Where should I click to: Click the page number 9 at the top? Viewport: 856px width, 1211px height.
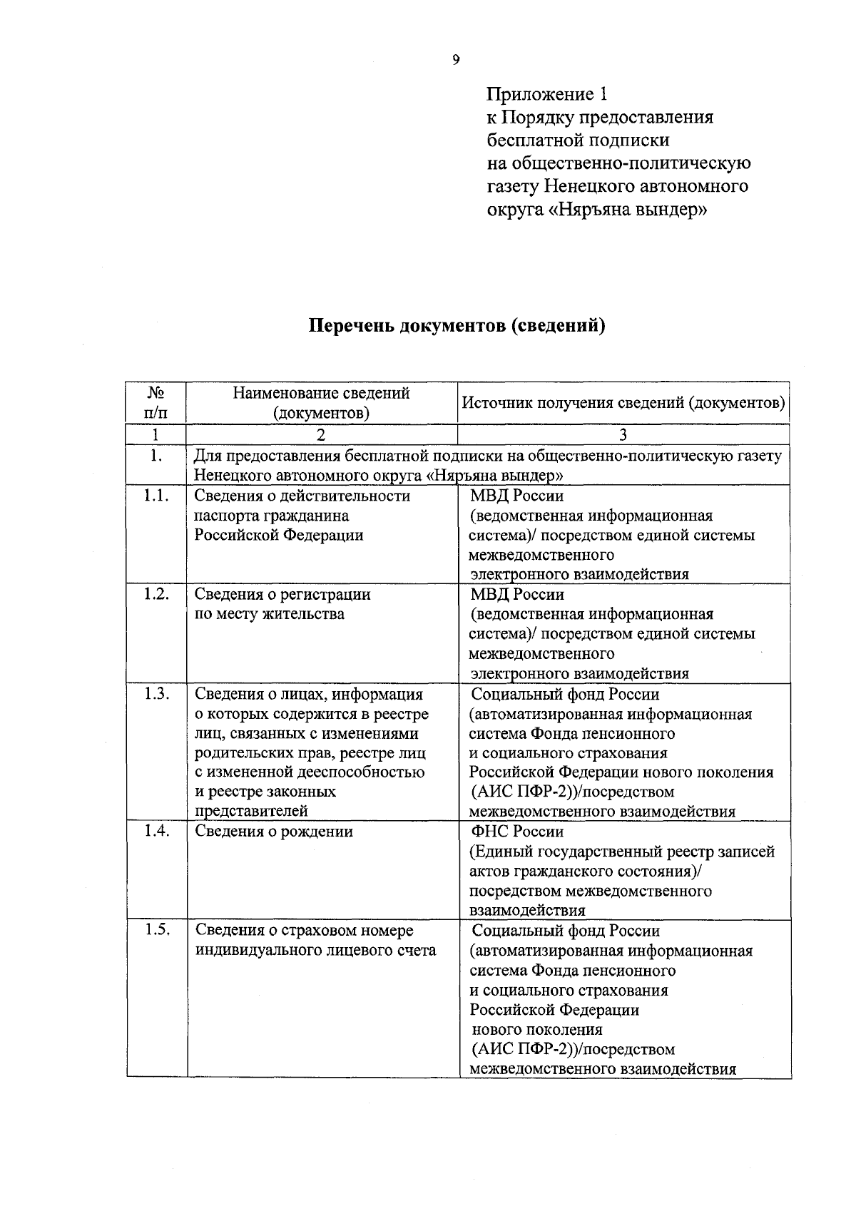point(456,60)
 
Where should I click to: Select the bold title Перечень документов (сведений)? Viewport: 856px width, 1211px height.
point(457,326)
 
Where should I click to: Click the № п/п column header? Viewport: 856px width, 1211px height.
point(156,402)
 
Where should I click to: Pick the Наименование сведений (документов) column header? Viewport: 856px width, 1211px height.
point(321,402)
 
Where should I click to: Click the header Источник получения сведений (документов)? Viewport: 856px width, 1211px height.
point(623,402)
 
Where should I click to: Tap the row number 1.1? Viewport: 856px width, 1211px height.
point(156,496)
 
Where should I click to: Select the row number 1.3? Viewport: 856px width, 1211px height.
point(156,694)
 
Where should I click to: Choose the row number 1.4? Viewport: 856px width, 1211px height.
point(156,831)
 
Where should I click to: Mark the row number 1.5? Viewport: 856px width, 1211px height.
point(156,930)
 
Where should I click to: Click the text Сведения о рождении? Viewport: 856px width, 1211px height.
point(274,832)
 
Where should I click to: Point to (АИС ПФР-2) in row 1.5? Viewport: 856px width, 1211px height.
point(522,1049)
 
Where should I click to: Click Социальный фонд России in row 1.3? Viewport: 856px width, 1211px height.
point(565,694)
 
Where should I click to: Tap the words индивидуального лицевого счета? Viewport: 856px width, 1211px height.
point(315,950)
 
